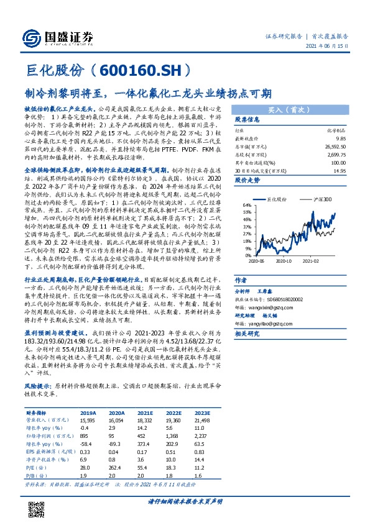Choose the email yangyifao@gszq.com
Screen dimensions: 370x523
271,323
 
